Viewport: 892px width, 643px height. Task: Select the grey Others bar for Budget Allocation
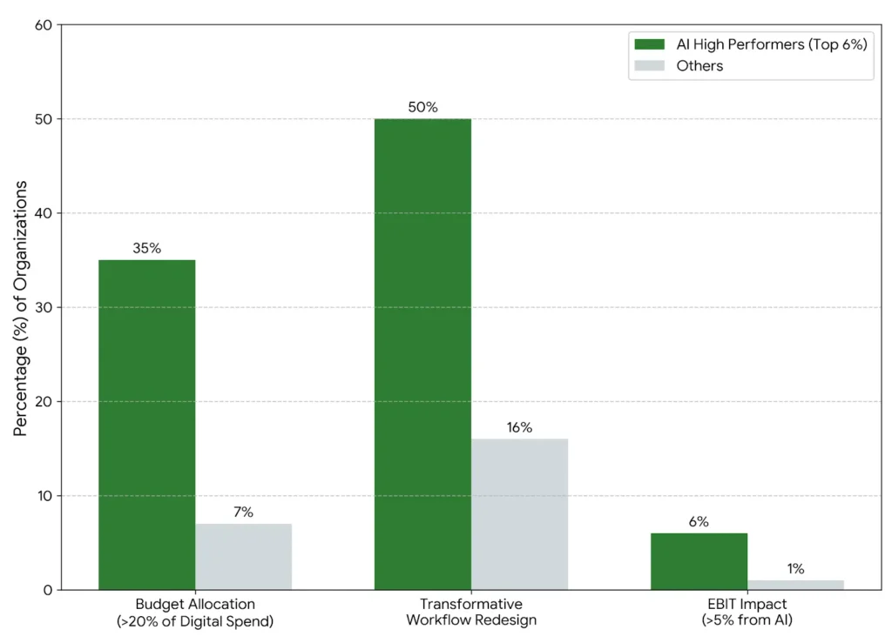point(243,557)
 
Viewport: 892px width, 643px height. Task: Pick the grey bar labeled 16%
point(519,514)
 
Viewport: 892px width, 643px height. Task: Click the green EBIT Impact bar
point(699,561)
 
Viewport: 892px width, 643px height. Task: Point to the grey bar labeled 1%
point(795,585)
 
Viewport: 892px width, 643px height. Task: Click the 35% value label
point(146,248)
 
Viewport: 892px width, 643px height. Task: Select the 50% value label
point(422,107)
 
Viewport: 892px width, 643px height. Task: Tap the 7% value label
point(243,512)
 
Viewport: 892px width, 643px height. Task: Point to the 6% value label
point(699,522)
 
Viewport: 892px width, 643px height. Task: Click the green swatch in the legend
point(649,44)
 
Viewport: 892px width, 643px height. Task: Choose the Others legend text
point(699,66)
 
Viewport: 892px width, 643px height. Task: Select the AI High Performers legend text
point(771,44)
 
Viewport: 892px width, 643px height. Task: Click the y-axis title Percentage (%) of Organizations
point(21,308)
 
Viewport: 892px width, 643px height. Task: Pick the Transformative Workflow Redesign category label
point(471,612)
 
